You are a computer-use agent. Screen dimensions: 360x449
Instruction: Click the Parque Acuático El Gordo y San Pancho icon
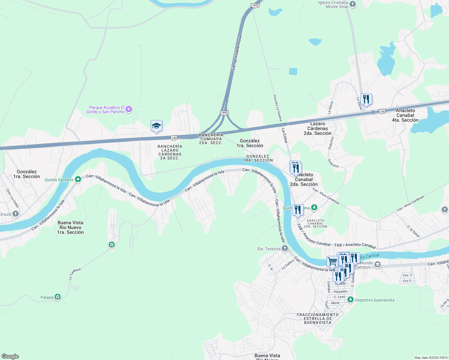(129, 109)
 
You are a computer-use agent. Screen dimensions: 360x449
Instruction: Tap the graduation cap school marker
(156, 126)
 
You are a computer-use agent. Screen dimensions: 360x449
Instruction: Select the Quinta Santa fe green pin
(78, 179)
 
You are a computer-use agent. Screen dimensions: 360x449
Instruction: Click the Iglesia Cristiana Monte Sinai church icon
(353, 4)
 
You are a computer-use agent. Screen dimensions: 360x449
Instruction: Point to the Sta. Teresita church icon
(285, 248)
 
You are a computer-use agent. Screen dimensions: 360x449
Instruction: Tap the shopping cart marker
(332, 261)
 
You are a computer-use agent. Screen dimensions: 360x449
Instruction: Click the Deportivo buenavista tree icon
(350, 300)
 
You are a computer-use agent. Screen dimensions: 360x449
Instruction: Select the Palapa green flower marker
(58, 297)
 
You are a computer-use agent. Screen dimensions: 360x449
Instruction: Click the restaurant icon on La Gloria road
(366, 99)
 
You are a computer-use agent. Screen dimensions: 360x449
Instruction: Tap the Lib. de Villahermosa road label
(236, 53)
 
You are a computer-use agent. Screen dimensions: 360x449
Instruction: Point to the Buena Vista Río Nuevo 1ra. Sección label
(71, 227)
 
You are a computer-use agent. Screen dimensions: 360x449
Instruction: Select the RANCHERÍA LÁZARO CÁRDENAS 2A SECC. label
(170, 152)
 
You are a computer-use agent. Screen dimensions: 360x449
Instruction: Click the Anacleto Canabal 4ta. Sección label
(405, 115)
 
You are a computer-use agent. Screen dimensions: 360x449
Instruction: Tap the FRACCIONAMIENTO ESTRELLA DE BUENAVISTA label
(318, 319)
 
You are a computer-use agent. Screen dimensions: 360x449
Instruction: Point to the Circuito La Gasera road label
(277, 108)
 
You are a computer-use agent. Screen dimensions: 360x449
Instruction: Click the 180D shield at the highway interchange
(224, 113)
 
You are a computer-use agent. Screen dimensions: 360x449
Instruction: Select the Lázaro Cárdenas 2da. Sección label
(318, 128)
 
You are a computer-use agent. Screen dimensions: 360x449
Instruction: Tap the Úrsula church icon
(16, 214)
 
